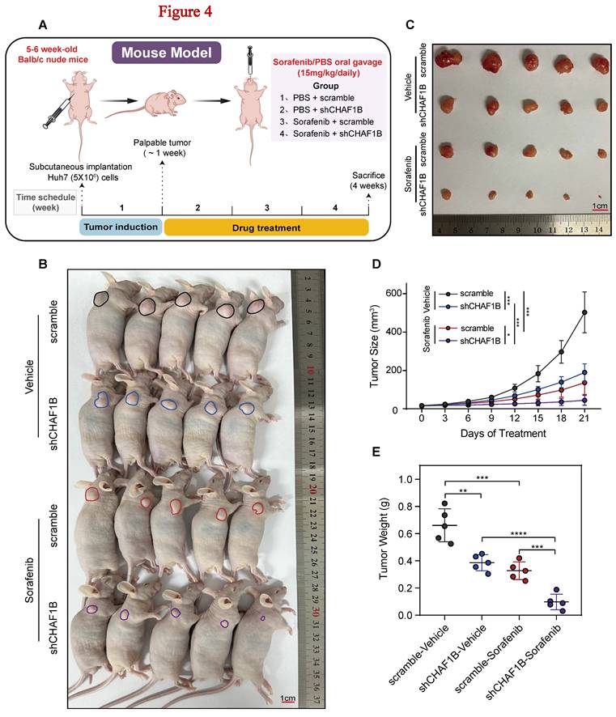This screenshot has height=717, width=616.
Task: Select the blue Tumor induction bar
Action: (121, 227)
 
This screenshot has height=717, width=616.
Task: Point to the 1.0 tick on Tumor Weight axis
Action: (413, 479)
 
